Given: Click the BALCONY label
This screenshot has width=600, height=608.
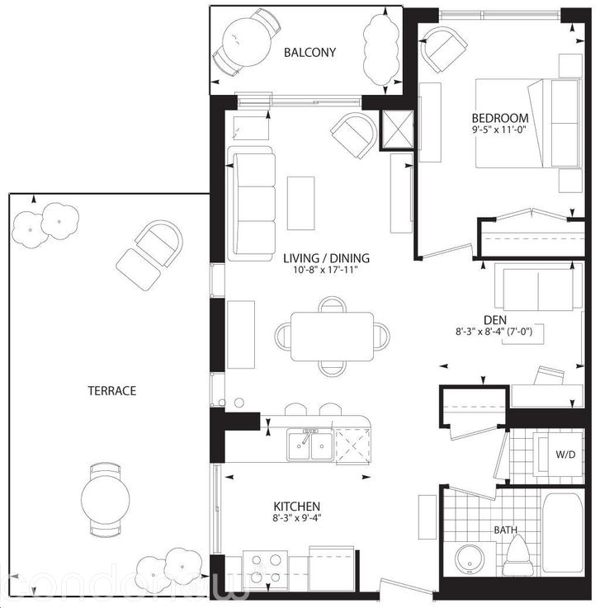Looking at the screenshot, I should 309,53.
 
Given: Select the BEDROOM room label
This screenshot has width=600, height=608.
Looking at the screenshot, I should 500,117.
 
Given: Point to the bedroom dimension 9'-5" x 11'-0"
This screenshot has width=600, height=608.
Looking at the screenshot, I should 500,130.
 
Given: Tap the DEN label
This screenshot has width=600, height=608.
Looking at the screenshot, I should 495,319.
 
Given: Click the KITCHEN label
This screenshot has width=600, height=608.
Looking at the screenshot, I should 297,506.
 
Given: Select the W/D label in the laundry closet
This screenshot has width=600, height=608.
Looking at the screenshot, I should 565,455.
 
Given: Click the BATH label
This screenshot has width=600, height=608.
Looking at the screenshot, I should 505,530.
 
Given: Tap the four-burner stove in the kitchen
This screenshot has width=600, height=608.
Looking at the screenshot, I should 265,568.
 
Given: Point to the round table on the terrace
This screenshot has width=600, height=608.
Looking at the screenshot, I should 106,497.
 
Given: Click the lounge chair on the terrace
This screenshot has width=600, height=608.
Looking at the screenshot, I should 151,251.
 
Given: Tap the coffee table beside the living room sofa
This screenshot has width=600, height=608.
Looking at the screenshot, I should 300,203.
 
